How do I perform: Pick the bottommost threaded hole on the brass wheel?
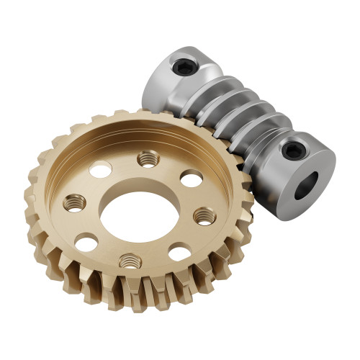coord(129,260)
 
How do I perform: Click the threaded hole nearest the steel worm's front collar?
coord(204,215)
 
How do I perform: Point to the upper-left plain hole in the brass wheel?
coord(100,169)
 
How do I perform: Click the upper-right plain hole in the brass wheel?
coord(190,177)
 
